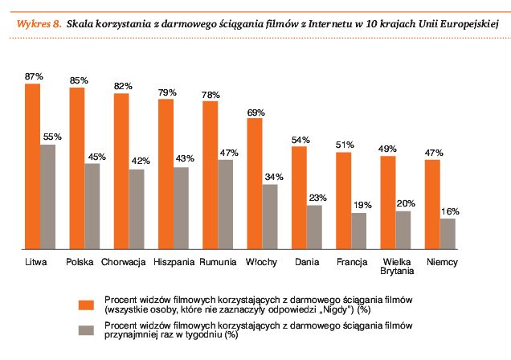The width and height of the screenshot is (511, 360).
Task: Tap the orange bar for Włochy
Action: [255, 184]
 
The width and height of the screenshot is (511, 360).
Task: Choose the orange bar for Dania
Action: [300, 198]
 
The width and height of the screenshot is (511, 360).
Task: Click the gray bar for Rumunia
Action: [226, 204]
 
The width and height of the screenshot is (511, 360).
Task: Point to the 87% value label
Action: [34, 76]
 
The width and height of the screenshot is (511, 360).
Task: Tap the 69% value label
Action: [255, 112]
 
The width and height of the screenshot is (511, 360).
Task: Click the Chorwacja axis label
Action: [123, 262]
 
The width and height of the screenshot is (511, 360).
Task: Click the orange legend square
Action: [84, 305]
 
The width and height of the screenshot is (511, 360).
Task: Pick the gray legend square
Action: [84, 330]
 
